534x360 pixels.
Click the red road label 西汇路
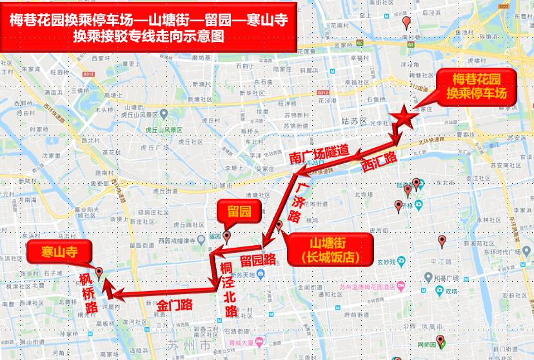pyautogui.click(x=378, y=161)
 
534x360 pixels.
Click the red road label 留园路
pyautogui.click(x=257, y=259)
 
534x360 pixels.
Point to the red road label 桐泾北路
pyautogui.click(x=230, y=288)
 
